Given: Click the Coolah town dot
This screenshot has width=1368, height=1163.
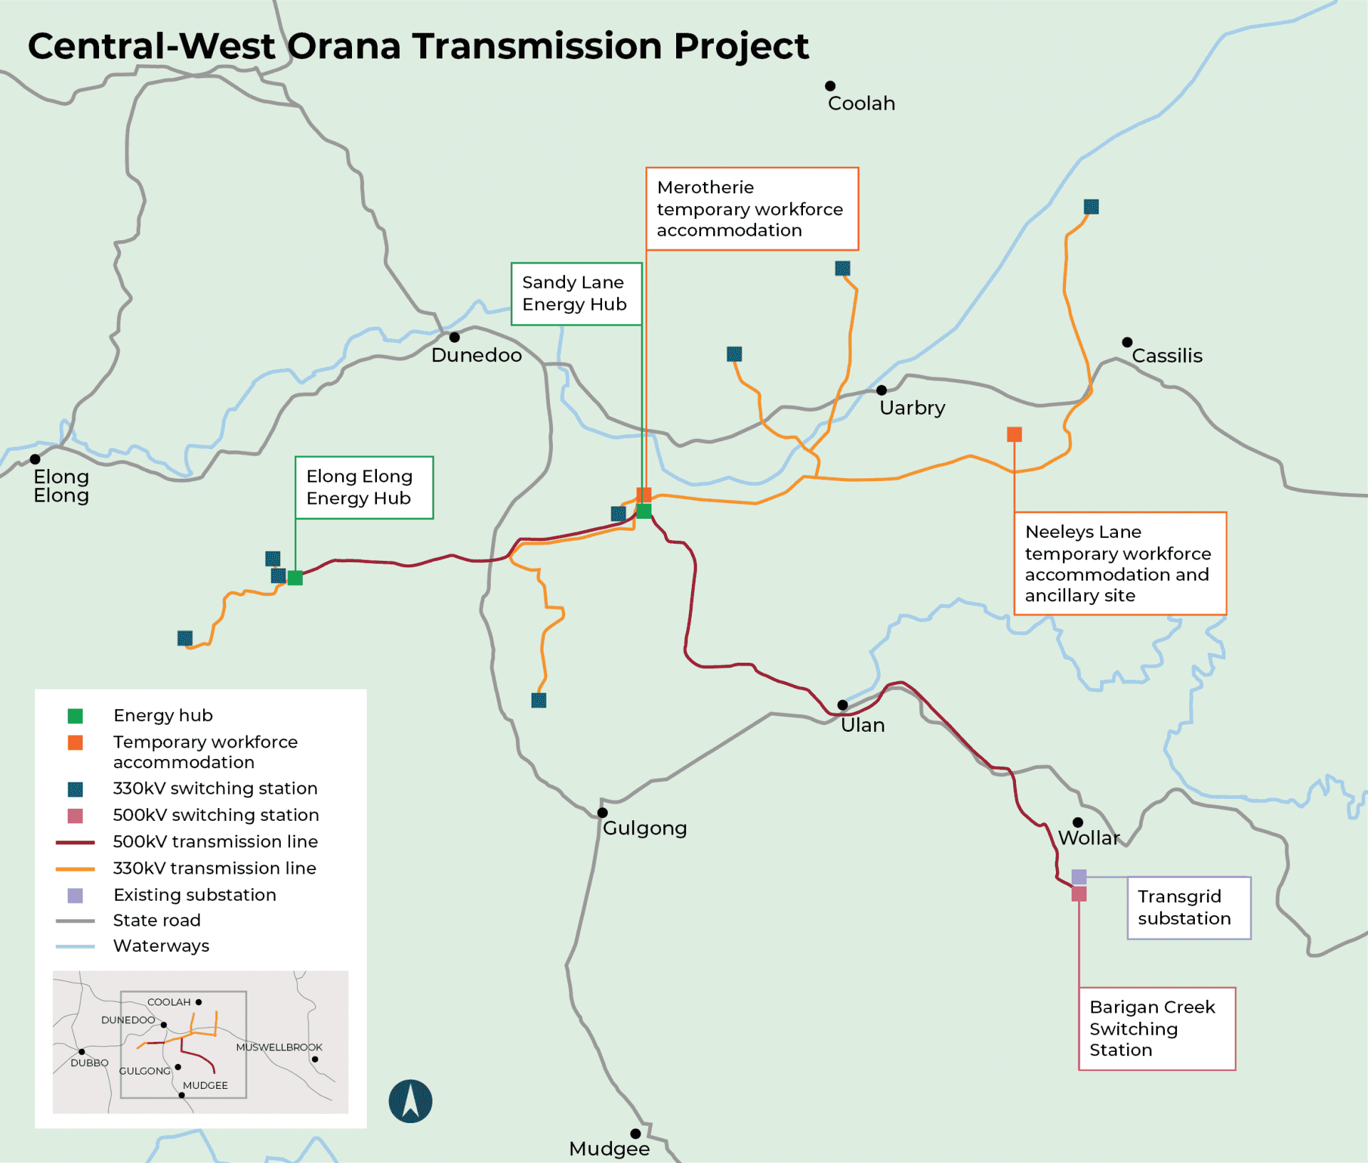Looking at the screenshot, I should click(830, 86).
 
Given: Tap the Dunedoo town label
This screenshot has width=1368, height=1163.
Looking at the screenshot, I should click(476, 355).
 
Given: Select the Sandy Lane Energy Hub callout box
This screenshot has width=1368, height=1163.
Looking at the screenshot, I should click(576, 294).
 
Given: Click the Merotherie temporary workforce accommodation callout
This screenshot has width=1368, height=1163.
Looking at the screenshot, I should click(752, 209).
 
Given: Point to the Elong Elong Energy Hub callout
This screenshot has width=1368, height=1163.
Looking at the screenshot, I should click(363, 487).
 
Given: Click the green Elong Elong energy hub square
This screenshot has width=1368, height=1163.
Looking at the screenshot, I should click(295, 578).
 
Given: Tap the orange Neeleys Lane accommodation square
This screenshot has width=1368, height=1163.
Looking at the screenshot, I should click(1015, 434).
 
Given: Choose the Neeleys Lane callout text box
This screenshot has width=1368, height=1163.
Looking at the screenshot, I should click(1119, 563).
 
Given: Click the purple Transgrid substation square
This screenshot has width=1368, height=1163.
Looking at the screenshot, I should click(1079, 877).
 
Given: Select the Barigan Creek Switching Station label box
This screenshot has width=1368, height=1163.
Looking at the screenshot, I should click(1156, 1028).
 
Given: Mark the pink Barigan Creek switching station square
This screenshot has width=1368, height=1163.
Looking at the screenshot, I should click(1079, 894).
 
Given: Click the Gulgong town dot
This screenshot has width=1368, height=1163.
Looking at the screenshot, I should click(602, 812).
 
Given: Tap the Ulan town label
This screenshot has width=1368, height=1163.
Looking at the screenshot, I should click(862, 725).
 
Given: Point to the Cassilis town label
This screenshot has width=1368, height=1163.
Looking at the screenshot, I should click(1166, 356).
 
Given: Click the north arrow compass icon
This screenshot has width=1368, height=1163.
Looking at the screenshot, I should click(410, 1101).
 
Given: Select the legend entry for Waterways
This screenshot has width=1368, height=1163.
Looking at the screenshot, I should click(161, 946).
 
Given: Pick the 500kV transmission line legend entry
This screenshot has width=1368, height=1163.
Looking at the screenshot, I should click(214, 842).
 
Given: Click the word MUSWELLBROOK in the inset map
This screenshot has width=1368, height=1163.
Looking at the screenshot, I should click(279, 1047).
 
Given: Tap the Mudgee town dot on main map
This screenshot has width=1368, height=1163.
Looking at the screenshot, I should click(636, 1134).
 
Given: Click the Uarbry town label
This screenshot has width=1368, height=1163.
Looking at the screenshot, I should click(912, 408).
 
